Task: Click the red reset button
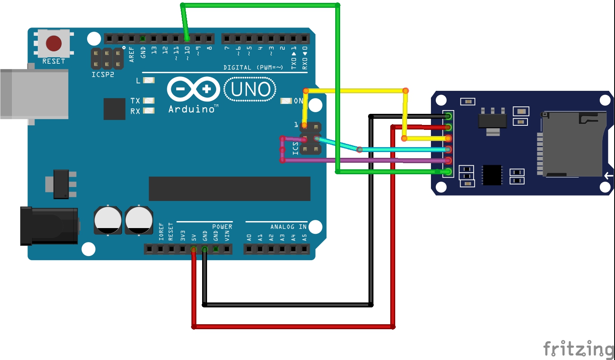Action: point(54,43)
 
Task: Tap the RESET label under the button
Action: point(54,61)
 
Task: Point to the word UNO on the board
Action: point(250,89)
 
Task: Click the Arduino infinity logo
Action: point(193,89)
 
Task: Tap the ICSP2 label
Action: point(103,74)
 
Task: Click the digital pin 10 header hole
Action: point(187,39)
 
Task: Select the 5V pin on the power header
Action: point(193,249)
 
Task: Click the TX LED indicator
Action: point(148,100)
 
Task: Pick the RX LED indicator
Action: point(148,111)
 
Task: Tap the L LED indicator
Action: point(148,80)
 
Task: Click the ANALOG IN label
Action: point(288,227)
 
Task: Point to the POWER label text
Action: point(222,227)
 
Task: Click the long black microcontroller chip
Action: point(229,189)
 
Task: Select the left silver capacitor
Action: point(108,220)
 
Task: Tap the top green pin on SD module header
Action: point(448,116)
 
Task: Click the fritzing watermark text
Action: point(578,349)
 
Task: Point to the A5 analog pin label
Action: point(304,238)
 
